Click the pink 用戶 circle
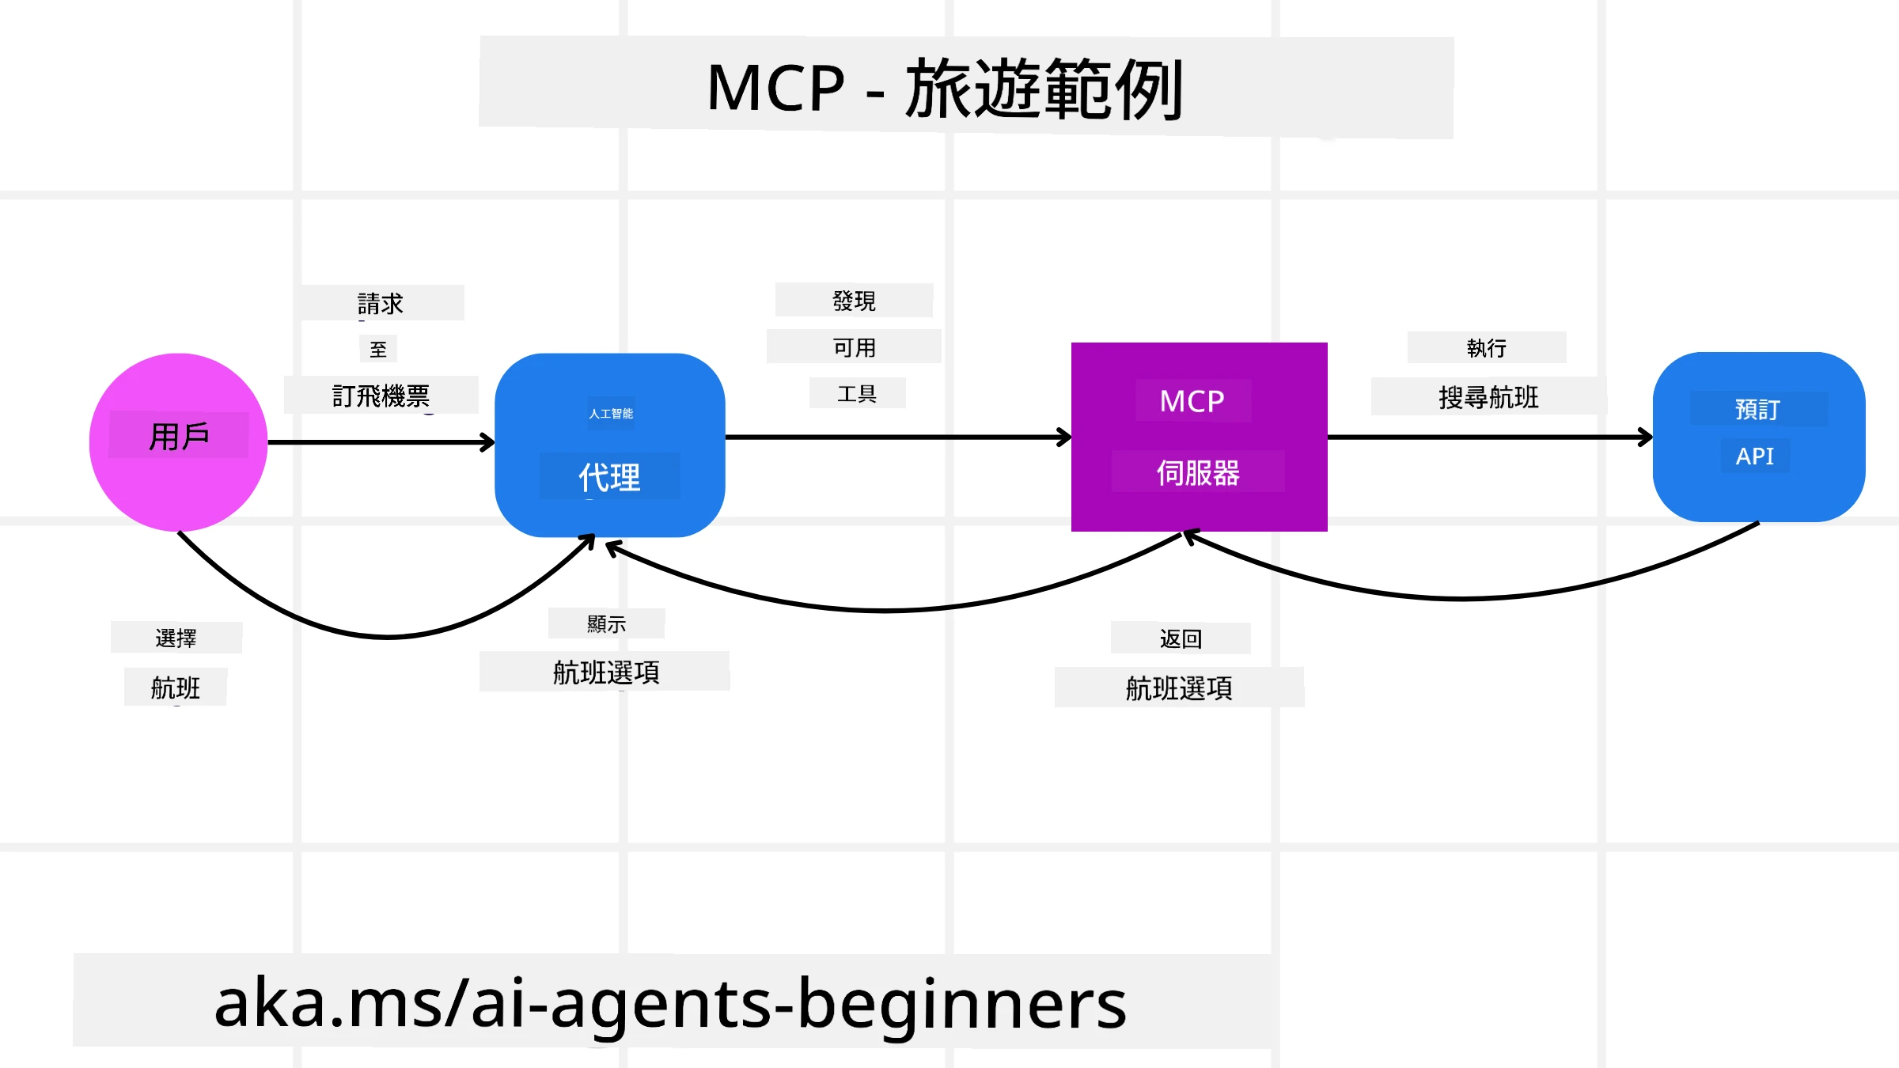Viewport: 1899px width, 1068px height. (x=178, y=475)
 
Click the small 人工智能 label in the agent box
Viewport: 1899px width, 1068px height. (x=611, y=414)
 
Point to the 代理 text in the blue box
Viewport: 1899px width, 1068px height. (x=609, y=477)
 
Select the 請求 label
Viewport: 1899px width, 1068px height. (x=381, y=304)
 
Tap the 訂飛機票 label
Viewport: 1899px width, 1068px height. (x=381, y=396)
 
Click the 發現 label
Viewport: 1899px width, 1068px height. (x=854, y=301)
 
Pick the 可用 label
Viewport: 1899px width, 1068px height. (x=854, y=347)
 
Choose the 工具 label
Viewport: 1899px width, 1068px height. (x=857, y=393)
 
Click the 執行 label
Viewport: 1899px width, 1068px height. (x=1486, y=348)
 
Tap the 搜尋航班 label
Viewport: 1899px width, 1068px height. (x=1488, y=397)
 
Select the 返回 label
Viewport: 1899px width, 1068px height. (x=1181, y=638)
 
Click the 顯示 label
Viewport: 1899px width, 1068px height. (x=606, y=624)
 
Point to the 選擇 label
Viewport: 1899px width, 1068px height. (x=176, y=638)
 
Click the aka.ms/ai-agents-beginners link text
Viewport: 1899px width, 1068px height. (x=670, y=1003)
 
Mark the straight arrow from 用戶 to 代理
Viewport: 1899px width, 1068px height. (x=380, y=442)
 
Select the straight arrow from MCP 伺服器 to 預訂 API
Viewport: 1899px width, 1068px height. (x=1488, y=437)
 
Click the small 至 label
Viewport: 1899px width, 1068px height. (x=378, y=349)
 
